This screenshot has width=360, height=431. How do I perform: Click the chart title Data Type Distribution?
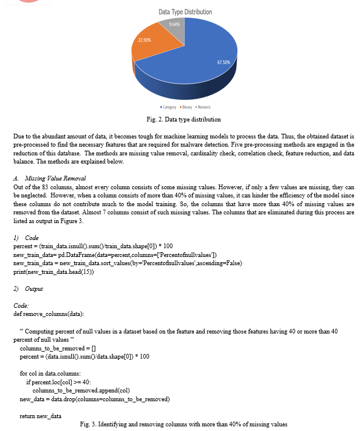[185, 12]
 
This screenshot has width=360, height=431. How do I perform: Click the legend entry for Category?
[168, 107]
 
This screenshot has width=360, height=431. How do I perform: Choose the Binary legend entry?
[186, 107]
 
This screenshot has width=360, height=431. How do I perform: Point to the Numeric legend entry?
[202, 107]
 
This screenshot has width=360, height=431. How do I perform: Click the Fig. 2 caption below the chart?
[184, 120]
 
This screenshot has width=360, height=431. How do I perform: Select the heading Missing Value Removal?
[57, 178]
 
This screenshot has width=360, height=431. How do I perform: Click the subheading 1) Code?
[26, 238]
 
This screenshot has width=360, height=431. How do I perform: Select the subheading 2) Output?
[27, 289]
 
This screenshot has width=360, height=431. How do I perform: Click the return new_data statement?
[40, 416]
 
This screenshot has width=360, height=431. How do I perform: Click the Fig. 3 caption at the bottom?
[184, 424]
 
